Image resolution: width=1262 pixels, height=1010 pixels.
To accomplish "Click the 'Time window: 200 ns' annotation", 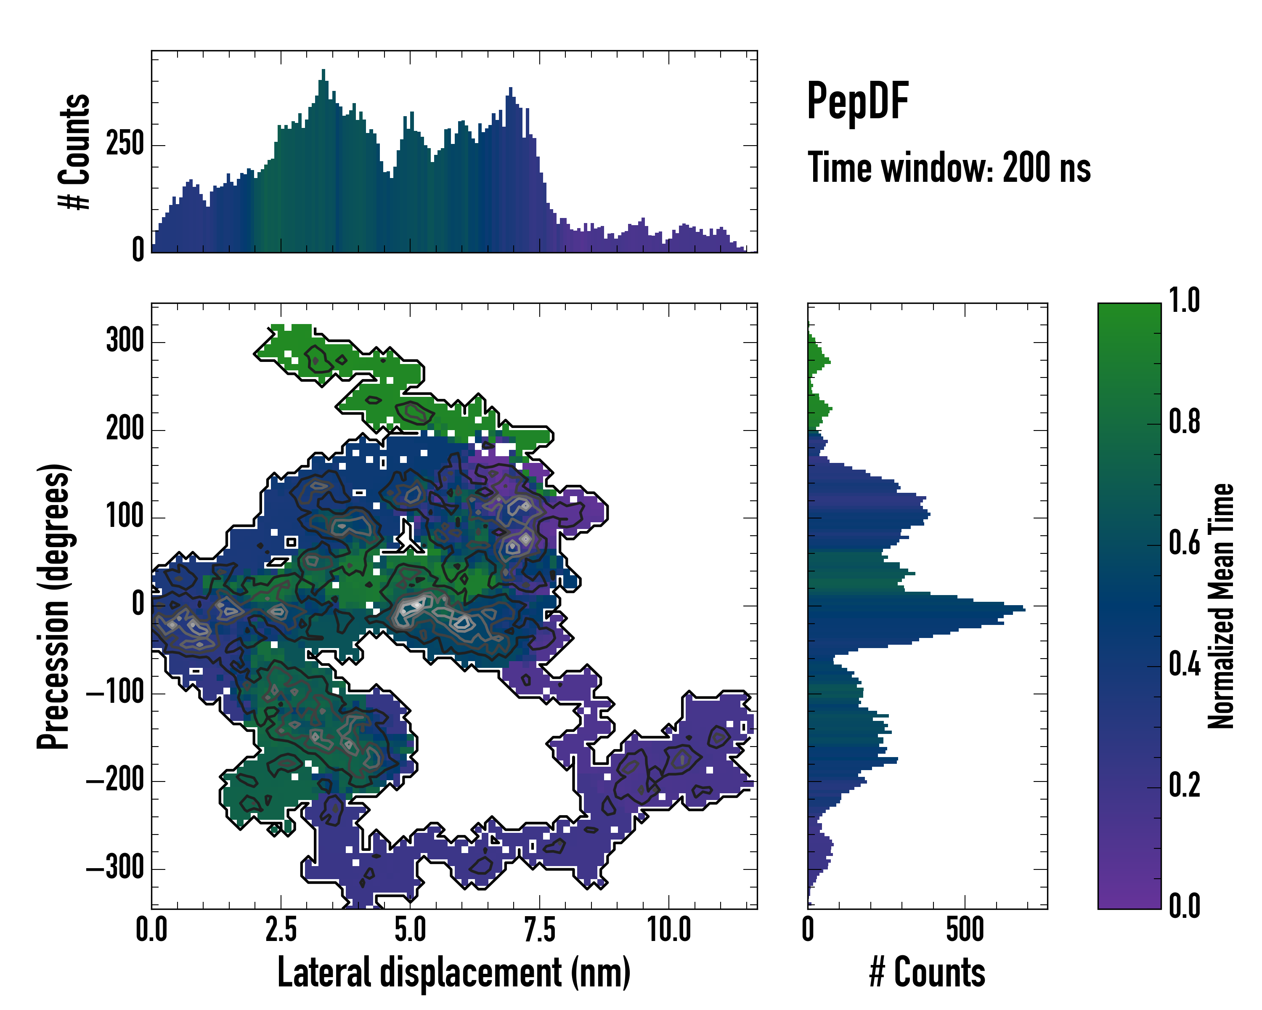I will point(949,168).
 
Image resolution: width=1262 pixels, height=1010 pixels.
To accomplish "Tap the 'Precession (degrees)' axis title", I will point(54,606).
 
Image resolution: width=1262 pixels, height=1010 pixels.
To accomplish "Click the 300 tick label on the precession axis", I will point(125,341).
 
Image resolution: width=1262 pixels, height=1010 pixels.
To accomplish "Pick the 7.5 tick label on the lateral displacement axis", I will point(539,930).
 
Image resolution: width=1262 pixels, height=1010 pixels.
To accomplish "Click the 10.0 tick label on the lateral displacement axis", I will point(668,930).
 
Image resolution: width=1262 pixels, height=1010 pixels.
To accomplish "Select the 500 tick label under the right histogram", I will point(965,930).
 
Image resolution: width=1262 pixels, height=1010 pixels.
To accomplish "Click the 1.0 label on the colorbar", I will point(1184,300).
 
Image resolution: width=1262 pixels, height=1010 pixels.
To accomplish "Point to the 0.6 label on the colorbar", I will point(1184,543).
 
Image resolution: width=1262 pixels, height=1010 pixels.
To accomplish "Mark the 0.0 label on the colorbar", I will point(1184,906).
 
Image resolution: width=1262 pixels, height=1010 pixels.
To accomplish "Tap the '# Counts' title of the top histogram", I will point(75,151).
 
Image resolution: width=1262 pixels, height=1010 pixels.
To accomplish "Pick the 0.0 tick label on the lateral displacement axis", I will point(151,930).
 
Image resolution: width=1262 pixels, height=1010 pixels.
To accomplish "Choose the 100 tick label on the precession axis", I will point(125,517).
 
